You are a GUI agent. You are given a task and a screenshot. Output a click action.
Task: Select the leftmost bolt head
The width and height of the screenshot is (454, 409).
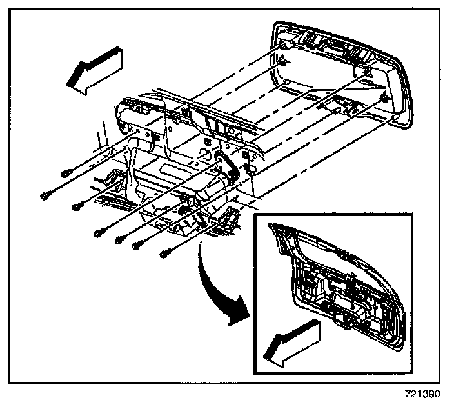[44, 193]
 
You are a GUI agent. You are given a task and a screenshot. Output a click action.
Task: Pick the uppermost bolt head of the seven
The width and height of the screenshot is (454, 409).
[64, 173]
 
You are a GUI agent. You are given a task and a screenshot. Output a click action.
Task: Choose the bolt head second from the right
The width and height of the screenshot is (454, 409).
[137, 245]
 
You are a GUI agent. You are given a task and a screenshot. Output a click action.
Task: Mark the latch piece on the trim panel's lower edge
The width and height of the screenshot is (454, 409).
[338, 103]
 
